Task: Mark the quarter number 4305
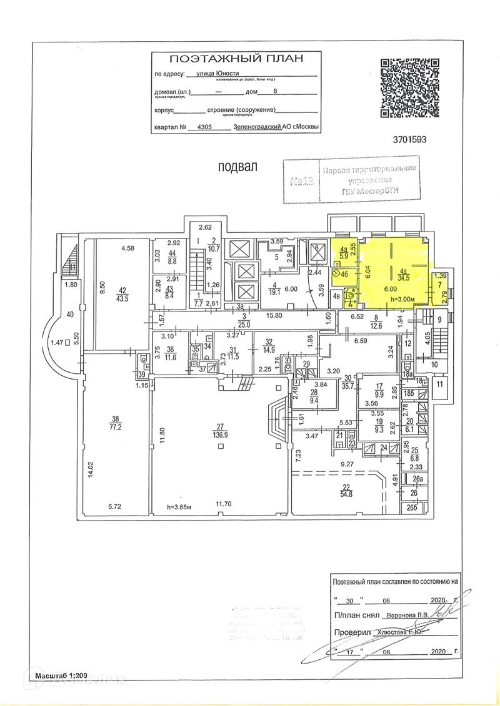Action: tap(204, 126)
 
